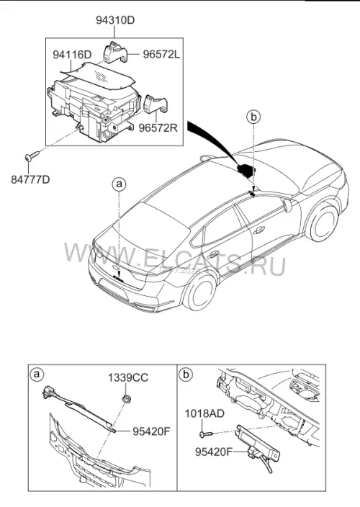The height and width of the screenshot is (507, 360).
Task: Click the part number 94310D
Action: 115,20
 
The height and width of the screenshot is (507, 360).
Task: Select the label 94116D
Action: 72,55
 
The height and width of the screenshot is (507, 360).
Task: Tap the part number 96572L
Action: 161,55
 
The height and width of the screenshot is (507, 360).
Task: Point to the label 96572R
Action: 158,127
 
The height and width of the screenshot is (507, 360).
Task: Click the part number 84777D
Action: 31,179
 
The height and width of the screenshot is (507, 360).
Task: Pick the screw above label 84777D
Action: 32,156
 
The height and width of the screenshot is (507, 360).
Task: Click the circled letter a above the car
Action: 119,184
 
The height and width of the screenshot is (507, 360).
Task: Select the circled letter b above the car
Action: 253,117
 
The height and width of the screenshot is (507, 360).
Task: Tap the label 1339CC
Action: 128,377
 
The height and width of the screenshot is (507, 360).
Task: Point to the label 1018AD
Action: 204,413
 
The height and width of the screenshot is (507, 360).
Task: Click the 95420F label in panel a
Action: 151,431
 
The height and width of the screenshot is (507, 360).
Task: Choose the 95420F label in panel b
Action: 214,452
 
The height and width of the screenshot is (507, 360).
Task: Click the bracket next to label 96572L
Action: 115,51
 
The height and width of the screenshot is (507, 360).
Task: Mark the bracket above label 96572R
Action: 155,104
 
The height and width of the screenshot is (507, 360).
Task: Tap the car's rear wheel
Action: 199,291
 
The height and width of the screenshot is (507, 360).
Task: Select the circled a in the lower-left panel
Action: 37,374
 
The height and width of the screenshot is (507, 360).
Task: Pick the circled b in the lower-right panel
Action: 186,374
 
